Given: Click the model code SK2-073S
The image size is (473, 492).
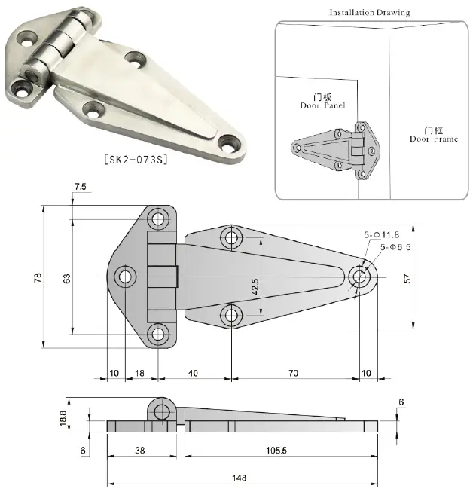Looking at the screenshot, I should click(x=134, y=159).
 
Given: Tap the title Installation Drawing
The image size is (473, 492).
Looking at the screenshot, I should click(x=369, y=12).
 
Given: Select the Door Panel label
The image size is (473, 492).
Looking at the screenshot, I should click(x=323, y=102).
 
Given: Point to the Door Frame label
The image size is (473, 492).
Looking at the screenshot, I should click(x=433, y=134).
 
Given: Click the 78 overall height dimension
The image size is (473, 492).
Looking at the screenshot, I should click(x=38, y=278).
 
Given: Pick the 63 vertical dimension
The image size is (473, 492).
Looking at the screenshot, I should click(x=67, y=278).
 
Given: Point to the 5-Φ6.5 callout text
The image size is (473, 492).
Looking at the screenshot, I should click(x=398, y=246).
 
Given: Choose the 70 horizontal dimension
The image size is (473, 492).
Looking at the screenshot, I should click(x=293, y=373).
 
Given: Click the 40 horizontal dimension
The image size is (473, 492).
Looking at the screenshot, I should click(x=193, y=373).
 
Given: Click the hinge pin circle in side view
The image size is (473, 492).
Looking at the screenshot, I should click(x=163, y=411).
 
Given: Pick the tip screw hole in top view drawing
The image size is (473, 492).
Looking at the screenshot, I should click(x=359, y=277).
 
